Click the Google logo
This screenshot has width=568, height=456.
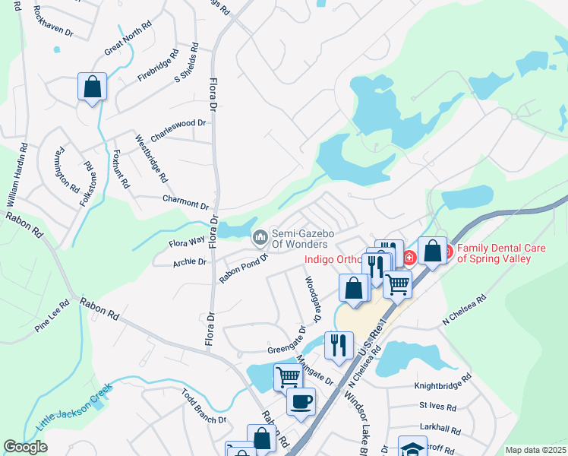(x=25, y=447)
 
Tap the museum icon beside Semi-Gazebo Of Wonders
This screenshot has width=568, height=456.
(x=260, y=238)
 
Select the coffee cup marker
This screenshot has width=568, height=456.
(x=301, y=401)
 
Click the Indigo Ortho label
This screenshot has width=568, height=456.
(x=334, y=259)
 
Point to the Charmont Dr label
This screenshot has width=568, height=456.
(x=185, y=204)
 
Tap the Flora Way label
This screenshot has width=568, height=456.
(x=186, y=241)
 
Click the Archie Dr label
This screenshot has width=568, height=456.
(x=190, y=261)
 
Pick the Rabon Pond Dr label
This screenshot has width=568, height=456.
(x=244, y=268)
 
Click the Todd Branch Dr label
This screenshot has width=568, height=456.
(x=204, y=407)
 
